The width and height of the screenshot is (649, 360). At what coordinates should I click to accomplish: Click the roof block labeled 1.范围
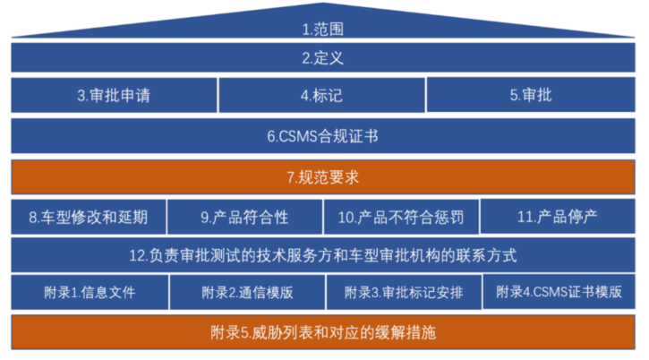click(323, 28)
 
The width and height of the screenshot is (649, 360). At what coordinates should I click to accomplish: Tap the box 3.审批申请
click(114, 95)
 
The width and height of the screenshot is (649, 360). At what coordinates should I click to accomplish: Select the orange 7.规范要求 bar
click(323, 177)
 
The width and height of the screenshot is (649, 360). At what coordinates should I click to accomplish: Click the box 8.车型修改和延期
click(88, 217)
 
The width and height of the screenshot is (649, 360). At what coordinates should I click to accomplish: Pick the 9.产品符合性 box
click(244, 217)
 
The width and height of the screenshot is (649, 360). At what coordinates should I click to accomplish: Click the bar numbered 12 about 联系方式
click(323, 255)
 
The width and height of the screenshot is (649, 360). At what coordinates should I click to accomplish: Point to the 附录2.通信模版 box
click(244, 292)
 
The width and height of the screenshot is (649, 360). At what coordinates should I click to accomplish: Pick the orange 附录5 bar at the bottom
click(323, 332)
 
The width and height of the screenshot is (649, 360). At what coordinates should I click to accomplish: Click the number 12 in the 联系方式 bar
click(137, 255)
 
